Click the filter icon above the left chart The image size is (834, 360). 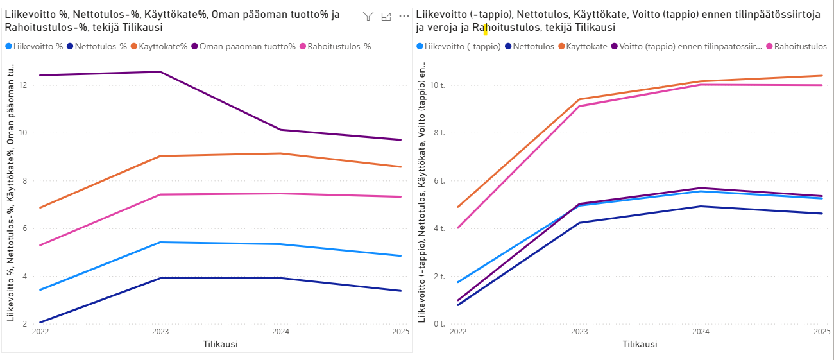[368, 17]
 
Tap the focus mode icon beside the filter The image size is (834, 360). [386, 17]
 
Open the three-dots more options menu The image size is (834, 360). [404, 17]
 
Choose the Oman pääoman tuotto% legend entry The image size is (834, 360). [247, 46]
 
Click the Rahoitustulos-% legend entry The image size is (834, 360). [339, 46]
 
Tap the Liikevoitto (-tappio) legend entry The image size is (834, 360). [463, 46]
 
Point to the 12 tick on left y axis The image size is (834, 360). [24, 85]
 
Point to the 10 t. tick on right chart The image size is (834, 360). [438, 85]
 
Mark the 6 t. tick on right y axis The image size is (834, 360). [439, 181]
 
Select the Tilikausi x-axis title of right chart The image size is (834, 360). [640, 344]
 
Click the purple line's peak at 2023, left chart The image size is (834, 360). [160, 72]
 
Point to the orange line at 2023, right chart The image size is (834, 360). [579, 99]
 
